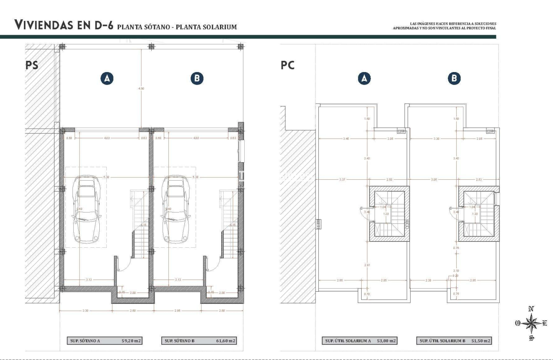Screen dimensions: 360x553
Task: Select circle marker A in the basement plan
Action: click(107, 78)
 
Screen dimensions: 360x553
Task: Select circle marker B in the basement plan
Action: click(196, 78)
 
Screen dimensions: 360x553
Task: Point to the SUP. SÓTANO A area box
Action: click(105, 341)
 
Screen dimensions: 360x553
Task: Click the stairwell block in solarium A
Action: click(389, 214)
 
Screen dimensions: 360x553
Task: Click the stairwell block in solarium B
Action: click(478, 214)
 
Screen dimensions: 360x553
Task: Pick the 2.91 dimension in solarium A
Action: click(367, 265)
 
